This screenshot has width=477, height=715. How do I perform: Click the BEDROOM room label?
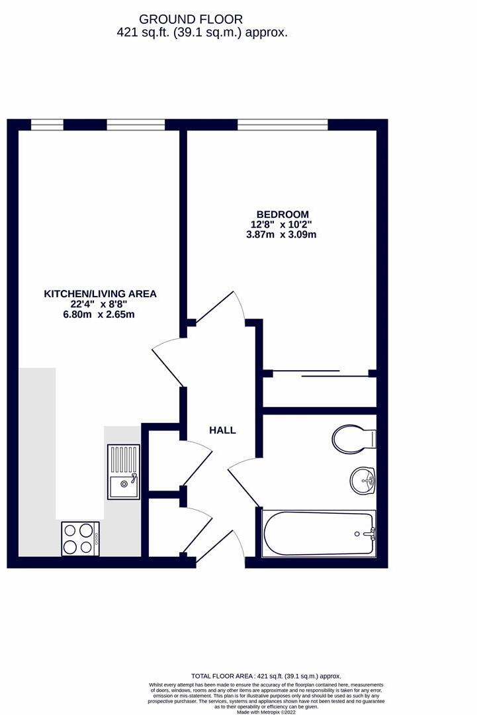[282, 215]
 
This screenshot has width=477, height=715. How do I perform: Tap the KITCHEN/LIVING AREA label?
[100, 293]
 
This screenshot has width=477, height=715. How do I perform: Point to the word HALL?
[222, 430]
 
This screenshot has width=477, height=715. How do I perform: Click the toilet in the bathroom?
[353, 438]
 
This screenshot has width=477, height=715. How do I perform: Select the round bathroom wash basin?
[362, 479]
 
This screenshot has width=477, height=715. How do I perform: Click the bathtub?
[318, 534]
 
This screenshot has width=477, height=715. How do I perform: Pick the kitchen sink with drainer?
[124, 471]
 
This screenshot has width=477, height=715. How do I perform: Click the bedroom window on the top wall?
[282, 124]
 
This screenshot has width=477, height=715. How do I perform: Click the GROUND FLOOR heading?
[191, 20]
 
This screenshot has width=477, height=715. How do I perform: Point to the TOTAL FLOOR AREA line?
[266, 677]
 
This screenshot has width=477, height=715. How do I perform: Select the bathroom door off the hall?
[241, 476]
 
